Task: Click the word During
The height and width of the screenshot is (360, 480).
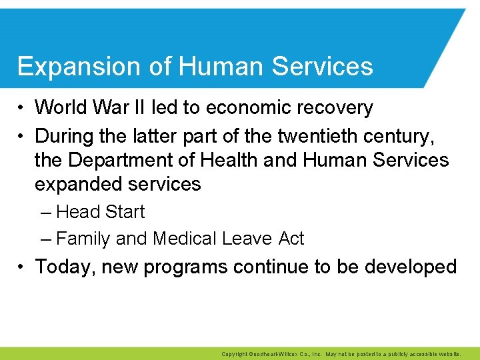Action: (x=66, y=136)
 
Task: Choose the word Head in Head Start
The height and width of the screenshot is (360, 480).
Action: (x=77, y=212)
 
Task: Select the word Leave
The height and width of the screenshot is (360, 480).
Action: (x=249, y=239)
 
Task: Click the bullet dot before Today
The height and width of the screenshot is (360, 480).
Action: (x=22, y=267)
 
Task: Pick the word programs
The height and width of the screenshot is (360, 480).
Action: (x=186, y=267)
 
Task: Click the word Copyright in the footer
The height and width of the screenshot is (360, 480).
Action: (x=234, y=354)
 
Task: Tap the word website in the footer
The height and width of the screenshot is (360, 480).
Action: (x=457, y=354)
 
